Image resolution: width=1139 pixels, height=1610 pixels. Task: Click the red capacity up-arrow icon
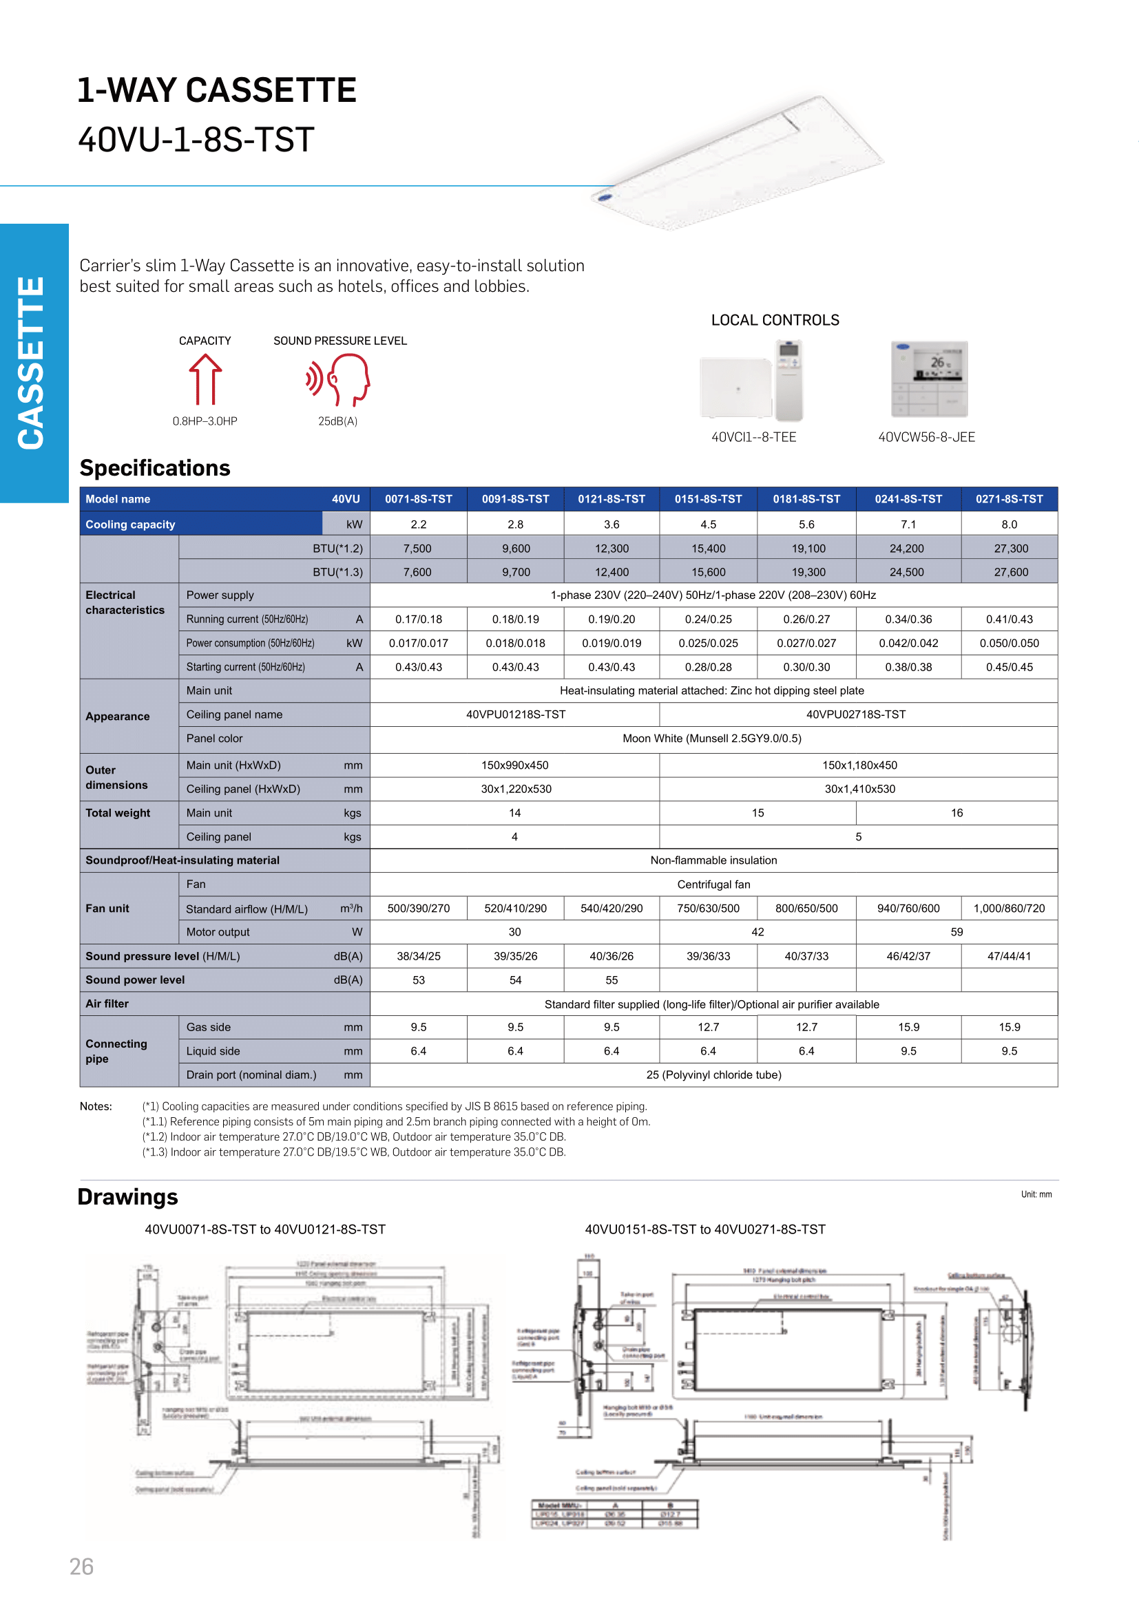tap(205, 379)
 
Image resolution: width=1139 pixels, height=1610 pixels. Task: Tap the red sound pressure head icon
tap(339, 379)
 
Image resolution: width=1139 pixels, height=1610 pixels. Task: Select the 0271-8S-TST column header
tap(1009, 499)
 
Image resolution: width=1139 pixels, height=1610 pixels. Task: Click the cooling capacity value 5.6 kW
tap(806, 525)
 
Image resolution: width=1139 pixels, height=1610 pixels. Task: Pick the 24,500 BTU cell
tap(906, 572)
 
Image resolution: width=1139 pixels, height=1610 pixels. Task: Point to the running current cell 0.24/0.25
tap(708, 619)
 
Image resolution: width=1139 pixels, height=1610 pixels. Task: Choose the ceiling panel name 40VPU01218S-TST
tap(516, 714)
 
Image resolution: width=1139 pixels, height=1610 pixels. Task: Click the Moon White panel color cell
tap(712, 739)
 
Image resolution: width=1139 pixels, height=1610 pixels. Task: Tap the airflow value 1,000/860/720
tap(1009, 909)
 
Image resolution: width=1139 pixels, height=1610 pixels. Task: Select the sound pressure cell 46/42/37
tap(908, 957)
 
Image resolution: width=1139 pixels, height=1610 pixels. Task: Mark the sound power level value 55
tap(612, 980)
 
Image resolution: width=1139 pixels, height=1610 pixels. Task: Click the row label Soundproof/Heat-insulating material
tap(182, 860)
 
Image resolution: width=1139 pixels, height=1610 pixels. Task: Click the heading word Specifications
tap(155, 467)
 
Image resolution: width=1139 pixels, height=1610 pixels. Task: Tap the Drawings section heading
tap(127, 1197)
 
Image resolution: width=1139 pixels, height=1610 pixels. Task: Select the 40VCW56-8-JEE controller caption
tap(926, 438)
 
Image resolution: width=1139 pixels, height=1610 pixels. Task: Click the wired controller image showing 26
tap(928, 379)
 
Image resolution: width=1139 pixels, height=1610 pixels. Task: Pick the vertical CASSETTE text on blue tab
tap(32, 363)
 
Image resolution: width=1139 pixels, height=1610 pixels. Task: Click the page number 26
tap(81, 1567)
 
